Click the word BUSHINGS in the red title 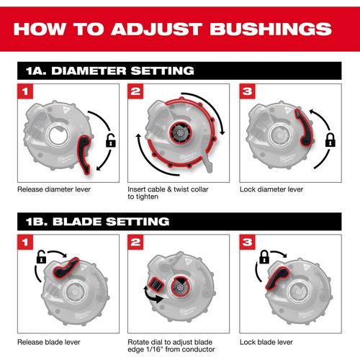(x=271, y=29)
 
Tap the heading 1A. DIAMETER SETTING (x=110, y=71)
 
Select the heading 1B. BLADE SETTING (x=98, y=222)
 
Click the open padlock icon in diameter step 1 (x=111, y=140)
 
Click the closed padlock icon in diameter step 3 (x=330, y=140)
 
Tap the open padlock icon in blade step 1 (x=41, y=257)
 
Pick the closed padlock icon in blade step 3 (x=264, y=257)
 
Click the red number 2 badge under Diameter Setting (x=135, y=91)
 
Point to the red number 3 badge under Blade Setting (x=247, y=242)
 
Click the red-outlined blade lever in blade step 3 (x=276, y=277)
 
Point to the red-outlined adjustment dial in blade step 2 (x=156, y=284)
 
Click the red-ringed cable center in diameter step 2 (x=180, y=132)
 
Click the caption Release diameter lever (x=54, y=189)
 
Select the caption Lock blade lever (x=266, y=342)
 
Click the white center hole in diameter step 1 (x=58, y=135)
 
